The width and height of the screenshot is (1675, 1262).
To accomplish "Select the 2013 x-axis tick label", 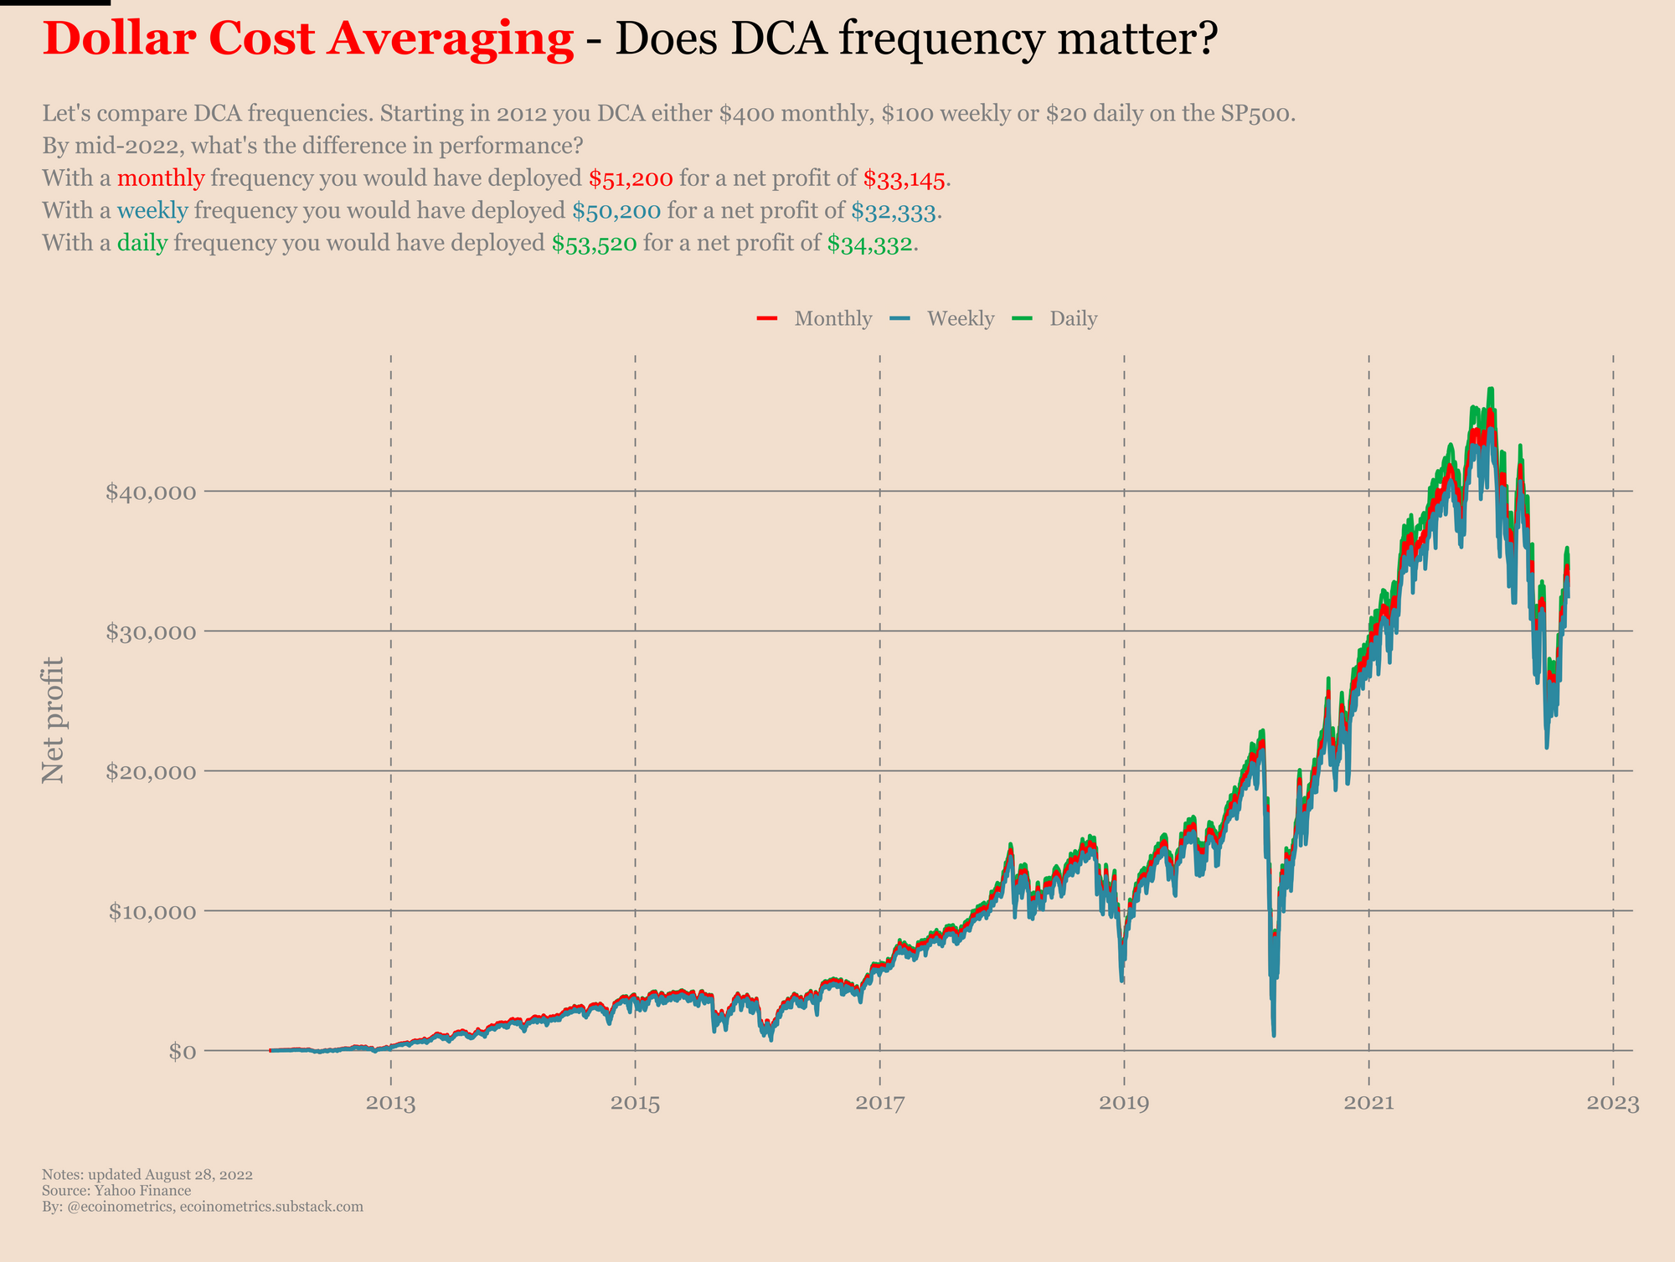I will click(x=390, y=1104).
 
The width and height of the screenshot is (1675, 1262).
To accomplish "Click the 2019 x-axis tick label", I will click(x=1124, y=1104).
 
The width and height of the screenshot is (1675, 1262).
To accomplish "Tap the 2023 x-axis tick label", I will click(x=1612, y=1104).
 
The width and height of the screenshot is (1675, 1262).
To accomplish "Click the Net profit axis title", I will click(x=54, y=720).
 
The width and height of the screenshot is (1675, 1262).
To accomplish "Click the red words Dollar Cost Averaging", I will click(x=308, y=40).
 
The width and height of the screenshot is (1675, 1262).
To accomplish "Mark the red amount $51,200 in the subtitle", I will click(x=631, y=178).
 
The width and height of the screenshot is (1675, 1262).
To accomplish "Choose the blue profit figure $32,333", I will click(x=893, y=212).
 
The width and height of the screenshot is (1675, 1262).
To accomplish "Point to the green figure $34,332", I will click(x=869, y=245).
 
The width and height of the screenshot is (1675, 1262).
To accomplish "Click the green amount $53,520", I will click(x=594, y=245).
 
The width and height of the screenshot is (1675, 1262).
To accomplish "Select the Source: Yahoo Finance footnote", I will click(x=116, y=1191).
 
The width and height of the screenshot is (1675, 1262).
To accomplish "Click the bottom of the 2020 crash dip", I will click(x=1274, y=1035).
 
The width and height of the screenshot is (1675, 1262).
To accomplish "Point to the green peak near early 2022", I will click(x=1491, y=390).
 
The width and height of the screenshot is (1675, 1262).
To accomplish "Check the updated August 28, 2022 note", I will click(x=147, y=1175).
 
